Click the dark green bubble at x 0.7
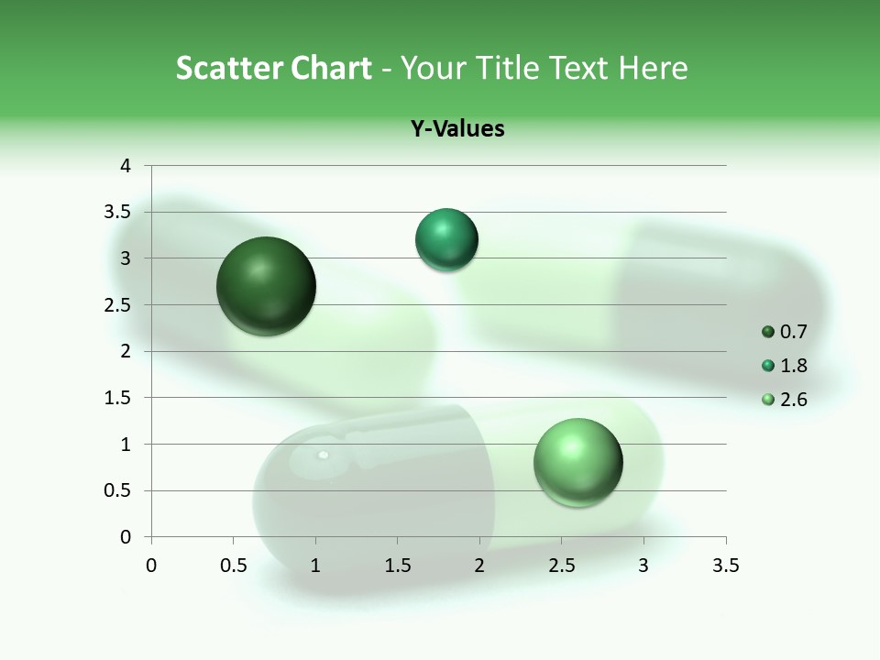point(266,286)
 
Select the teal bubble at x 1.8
point(446,240)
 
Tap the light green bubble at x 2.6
point(577,462)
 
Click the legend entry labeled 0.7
point(785,332)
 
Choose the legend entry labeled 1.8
point(785,366)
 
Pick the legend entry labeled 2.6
point(785,400)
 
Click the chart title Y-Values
point(457,128)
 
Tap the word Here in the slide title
point(653,68)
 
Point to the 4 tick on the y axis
point(126,166)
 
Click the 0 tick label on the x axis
point(151,566)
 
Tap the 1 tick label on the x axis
point(315,566)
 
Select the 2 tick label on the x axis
point(479,566)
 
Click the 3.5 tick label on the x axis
point(725,566)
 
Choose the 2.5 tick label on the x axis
point(561,566)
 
